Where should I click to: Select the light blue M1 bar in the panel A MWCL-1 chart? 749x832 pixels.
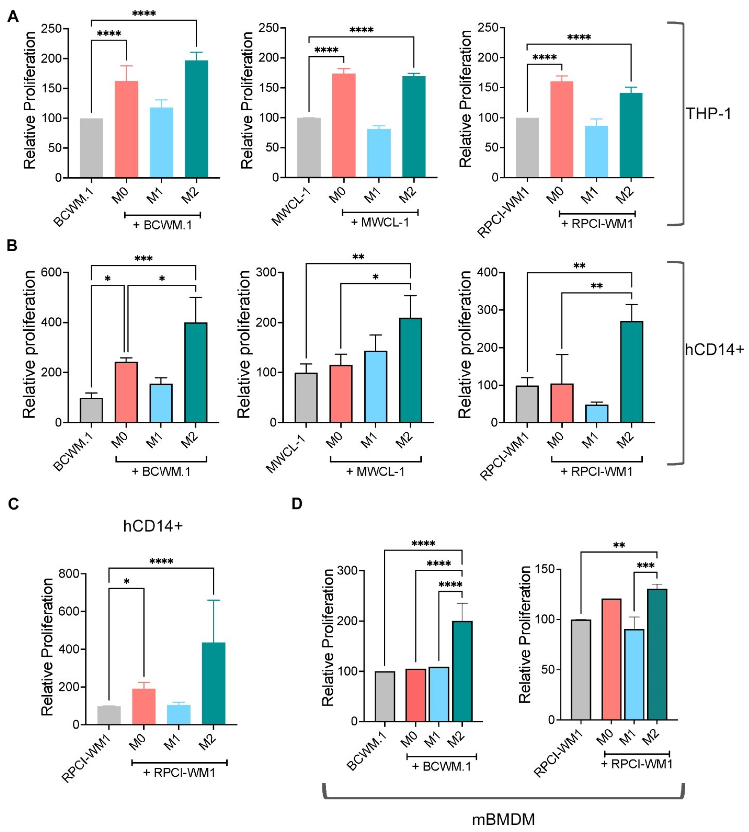[x=379, y=153]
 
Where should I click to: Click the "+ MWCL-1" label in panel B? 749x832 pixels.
[x=375, y=471]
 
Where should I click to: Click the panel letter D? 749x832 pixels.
[x=297, y=503]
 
